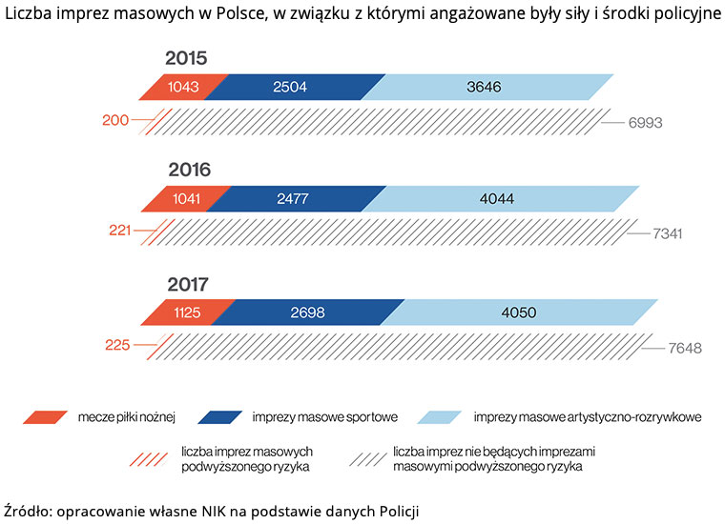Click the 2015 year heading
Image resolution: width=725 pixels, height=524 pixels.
pos(186,58)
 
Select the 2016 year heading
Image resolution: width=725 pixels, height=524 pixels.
pos(189,171)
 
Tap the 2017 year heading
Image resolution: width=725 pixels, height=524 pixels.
pos(189,284)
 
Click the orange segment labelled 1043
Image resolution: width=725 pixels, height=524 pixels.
pos(177,87)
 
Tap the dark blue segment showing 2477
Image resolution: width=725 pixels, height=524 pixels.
pos(297,199)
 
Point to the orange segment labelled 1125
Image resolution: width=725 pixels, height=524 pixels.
pos(189,312)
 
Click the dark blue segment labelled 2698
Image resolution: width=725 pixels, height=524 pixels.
pos(315,312)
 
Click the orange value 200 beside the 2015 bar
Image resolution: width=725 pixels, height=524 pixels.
pos(114,121)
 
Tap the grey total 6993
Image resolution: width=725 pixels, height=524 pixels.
pos(644,123)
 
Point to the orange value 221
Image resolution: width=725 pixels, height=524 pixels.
pos(121,231)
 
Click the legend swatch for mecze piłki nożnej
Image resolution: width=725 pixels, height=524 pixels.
pos(44,416)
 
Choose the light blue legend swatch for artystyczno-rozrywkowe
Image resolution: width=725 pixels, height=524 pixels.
pos(440,416)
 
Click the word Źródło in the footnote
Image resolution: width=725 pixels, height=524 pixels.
pos(28,507)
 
